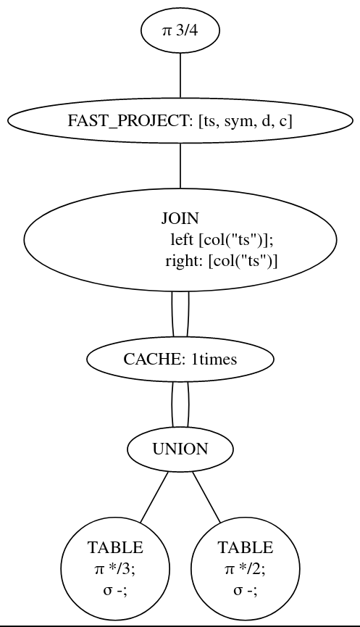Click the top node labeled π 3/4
pos(180,30)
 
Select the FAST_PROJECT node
pos(180,121)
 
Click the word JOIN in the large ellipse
pos(180,218)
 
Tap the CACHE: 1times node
pos(180,360)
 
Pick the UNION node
pos(180,449)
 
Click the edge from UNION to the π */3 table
pos(154,497)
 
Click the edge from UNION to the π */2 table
pos(206,497)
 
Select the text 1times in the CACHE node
pos(214,360)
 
